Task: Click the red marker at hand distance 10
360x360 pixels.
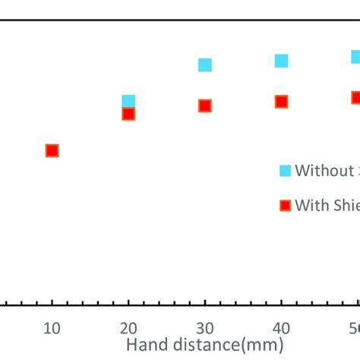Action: point(52,150)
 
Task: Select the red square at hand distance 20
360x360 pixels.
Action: point(128,114)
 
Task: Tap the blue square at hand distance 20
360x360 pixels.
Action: point(128,101)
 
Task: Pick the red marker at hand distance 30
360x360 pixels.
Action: point(204,106)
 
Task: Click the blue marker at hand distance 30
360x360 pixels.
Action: point(204,65)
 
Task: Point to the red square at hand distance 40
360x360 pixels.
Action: point(281,101)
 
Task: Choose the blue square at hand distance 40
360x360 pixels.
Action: point(281,61)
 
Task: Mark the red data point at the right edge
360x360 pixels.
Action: point(355,97)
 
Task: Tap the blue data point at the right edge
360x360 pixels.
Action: point(355,57)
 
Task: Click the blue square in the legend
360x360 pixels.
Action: point(285,170)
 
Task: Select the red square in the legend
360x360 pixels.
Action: point(285,205)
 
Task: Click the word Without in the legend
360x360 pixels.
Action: point(321,170)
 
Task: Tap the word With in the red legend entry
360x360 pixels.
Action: point(310,205)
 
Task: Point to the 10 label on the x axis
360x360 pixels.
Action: point(52,328)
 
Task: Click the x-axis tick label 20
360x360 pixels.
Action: point(128,328)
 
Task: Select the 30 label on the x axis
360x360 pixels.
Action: point(204,328)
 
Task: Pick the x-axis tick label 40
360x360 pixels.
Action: point(281,328)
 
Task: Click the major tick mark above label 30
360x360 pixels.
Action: point(204,303)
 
